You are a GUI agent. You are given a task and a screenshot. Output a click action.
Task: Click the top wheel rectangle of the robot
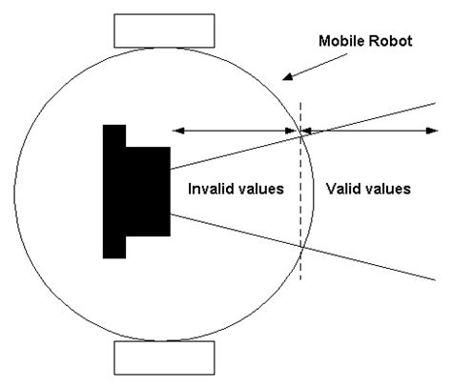tap(153, 31)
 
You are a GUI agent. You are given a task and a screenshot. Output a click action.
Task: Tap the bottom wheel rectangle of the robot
tap(153, 357)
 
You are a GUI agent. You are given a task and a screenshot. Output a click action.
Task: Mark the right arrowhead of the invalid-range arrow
tap(295, 132)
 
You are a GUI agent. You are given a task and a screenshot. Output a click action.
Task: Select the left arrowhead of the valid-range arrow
tap(306, 132)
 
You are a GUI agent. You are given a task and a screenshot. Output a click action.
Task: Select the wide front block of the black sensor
tap(149, 191)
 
